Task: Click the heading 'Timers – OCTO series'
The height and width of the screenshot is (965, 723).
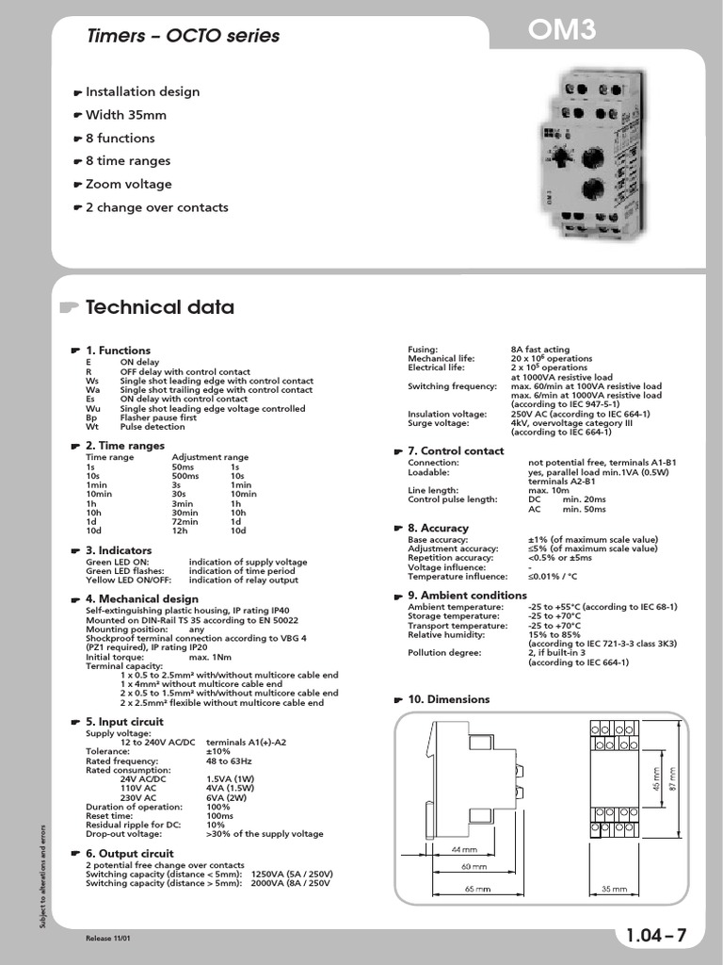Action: point(184,36)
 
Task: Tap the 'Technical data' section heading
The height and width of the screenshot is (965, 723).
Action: point(159,307)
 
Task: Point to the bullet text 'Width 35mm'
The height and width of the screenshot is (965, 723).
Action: point(126,115)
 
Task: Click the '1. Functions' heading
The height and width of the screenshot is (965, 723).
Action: point(118,351)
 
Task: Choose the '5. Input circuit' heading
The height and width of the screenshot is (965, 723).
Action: point(124,722)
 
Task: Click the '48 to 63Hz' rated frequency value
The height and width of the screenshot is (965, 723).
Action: point(230,761)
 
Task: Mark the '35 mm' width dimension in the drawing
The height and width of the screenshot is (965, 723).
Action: point(613,888)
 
